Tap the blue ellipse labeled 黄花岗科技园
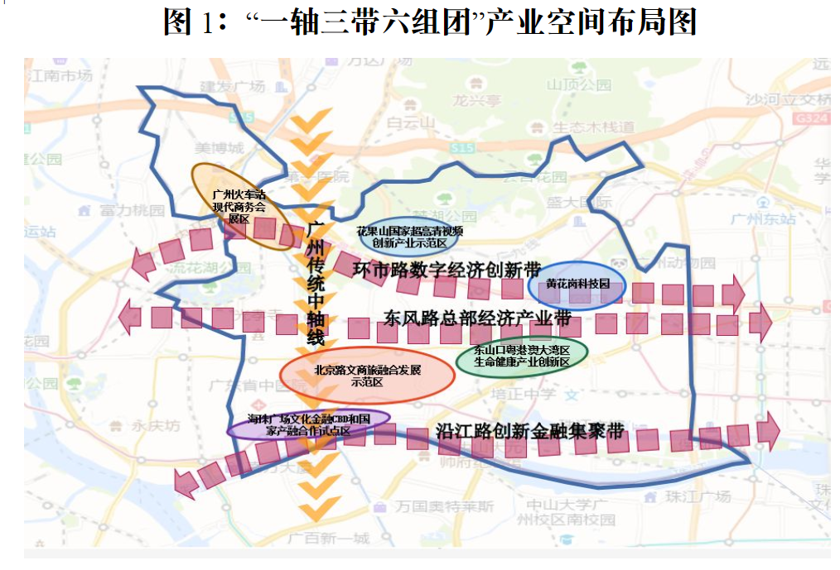pyautogui.click(x=577, y=284)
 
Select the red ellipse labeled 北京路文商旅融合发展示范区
pyautogui.click(x=367, y=376)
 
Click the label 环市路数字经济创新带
pyautogui.click(x=447, y=270)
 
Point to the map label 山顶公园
pyautogui.click(x=578, y=84)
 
